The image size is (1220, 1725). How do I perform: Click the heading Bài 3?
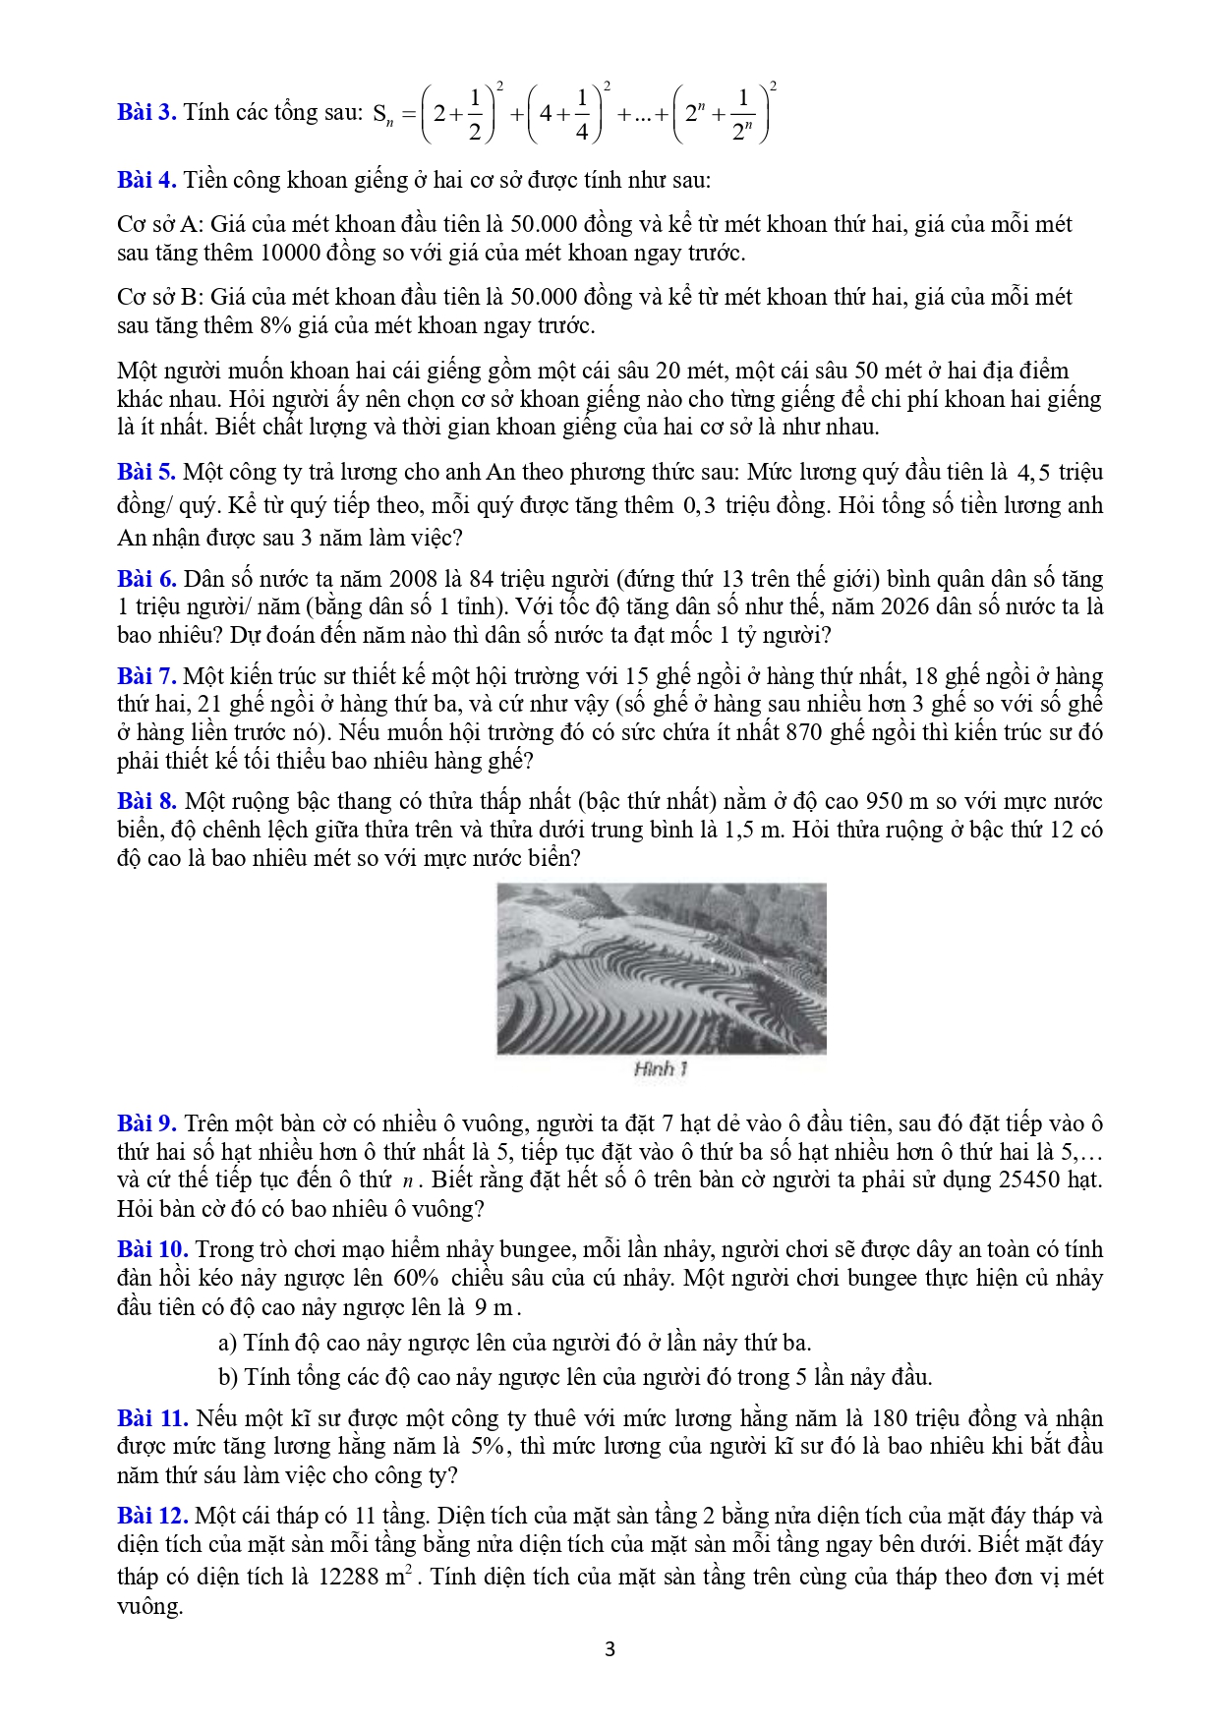point(146,112)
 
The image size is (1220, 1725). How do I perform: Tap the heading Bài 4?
point(146,180)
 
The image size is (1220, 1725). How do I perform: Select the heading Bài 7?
point(146,676)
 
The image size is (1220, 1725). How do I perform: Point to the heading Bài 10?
point(152,1249)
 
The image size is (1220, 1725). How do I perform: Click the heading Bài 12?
point(152,1516)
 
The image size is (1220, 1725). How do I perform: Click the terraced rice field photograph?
point(661,968)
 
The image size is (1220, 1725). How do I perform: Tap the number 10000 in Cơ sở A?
point(290,253)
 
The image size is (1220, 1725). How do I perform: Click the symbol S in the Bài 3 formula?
point(379,114)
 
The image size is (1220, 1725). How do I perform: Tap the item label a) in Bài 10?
point(227,1343)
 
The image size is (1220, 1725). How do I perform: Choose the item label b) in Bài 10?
point(228,1377)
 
